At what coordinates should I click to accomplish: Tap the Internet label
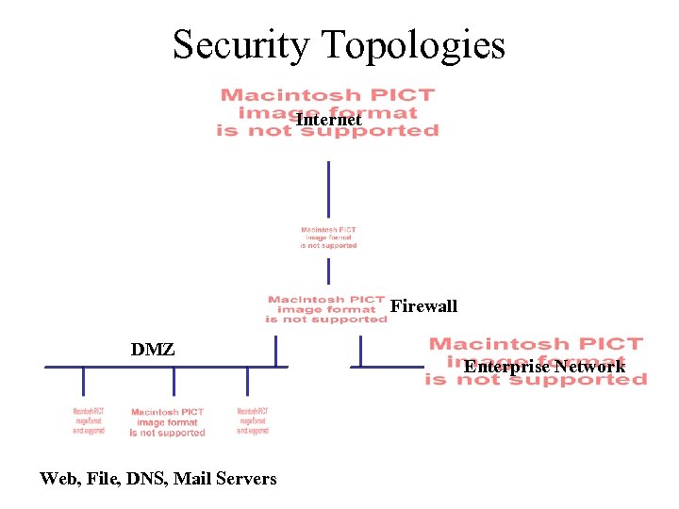pos(328,121)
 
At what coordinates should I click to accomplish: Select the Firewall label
pos(423,306)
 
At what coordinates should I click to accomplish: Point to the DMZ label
pos(153,350)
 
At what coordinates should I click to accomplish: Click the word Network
pos(589,366)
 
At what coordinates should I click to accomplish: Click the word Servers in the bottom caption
pos(247,479)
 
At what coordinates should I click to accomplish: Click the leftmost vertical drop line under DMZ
pos(83,381)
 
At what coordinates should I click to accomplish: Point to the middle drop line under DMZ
pos(174,381)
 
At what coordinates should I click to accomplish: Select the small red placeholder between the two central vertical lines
pos(328,238)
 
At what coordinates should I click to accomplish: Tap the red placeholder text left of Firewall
pos(326,309)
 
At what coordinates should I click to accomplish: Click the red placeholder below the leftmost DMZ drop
pos(89,421)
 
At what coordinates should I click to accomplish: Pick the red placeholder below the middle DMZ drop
pos(168,422)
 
